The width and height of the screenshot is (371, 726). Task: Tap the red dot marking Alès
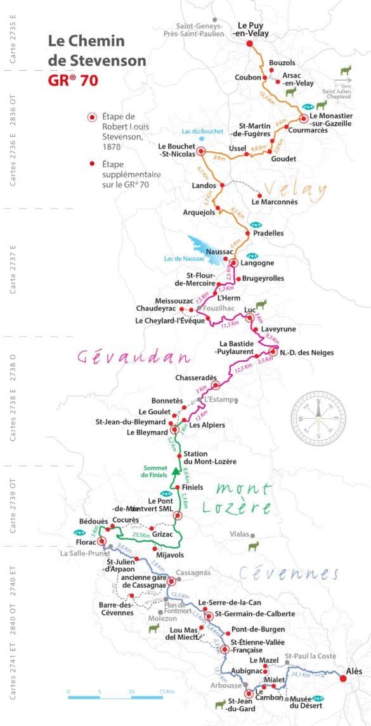344,678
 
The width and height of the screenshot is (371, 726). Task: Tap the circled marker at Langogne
233,263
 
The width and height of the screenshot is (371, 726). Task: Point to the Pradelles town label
268,233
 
